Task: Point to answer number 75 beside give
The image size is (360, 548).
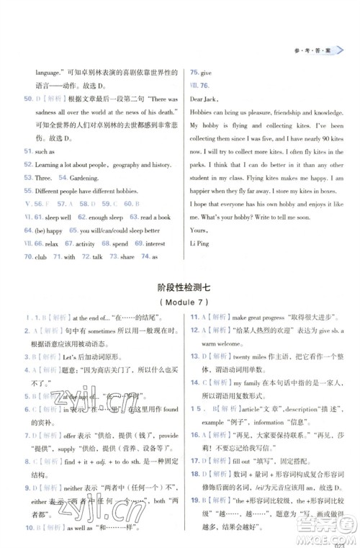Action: pyautogui.click(x=194, y=73)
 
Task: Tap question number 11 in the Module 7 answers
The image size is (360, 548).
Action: pyautogui.click(x=195, y=315)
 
